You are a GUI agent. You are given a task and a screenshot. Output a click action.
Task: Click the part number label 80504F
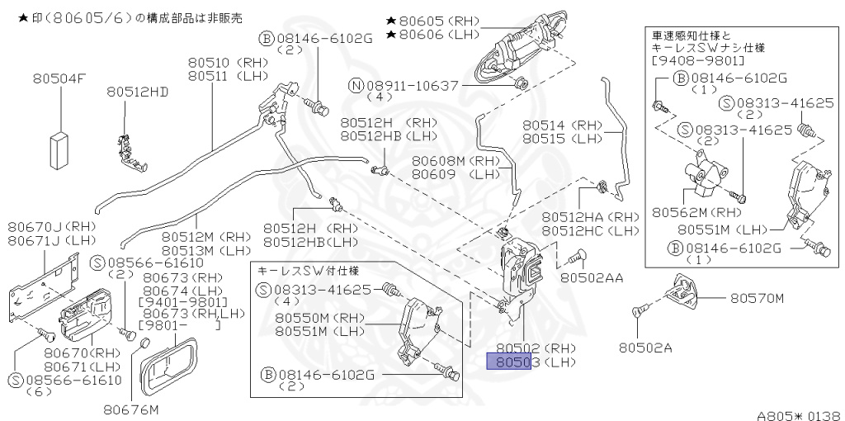(59, 79)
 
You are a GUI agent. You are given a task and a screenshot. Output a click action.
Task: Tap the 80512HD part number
(137, 92)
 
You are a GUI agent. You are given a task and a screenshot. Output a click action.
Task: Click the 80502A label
(645, 348)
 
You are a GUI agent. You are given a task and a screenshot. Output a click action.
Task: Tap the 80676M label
(130, 408)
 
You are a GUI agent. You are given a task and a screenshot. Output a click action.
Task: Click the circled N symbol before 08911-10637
(356, 85)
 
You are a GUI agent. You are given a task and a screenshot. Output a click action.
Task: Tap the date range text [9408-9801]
(697, 62)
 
